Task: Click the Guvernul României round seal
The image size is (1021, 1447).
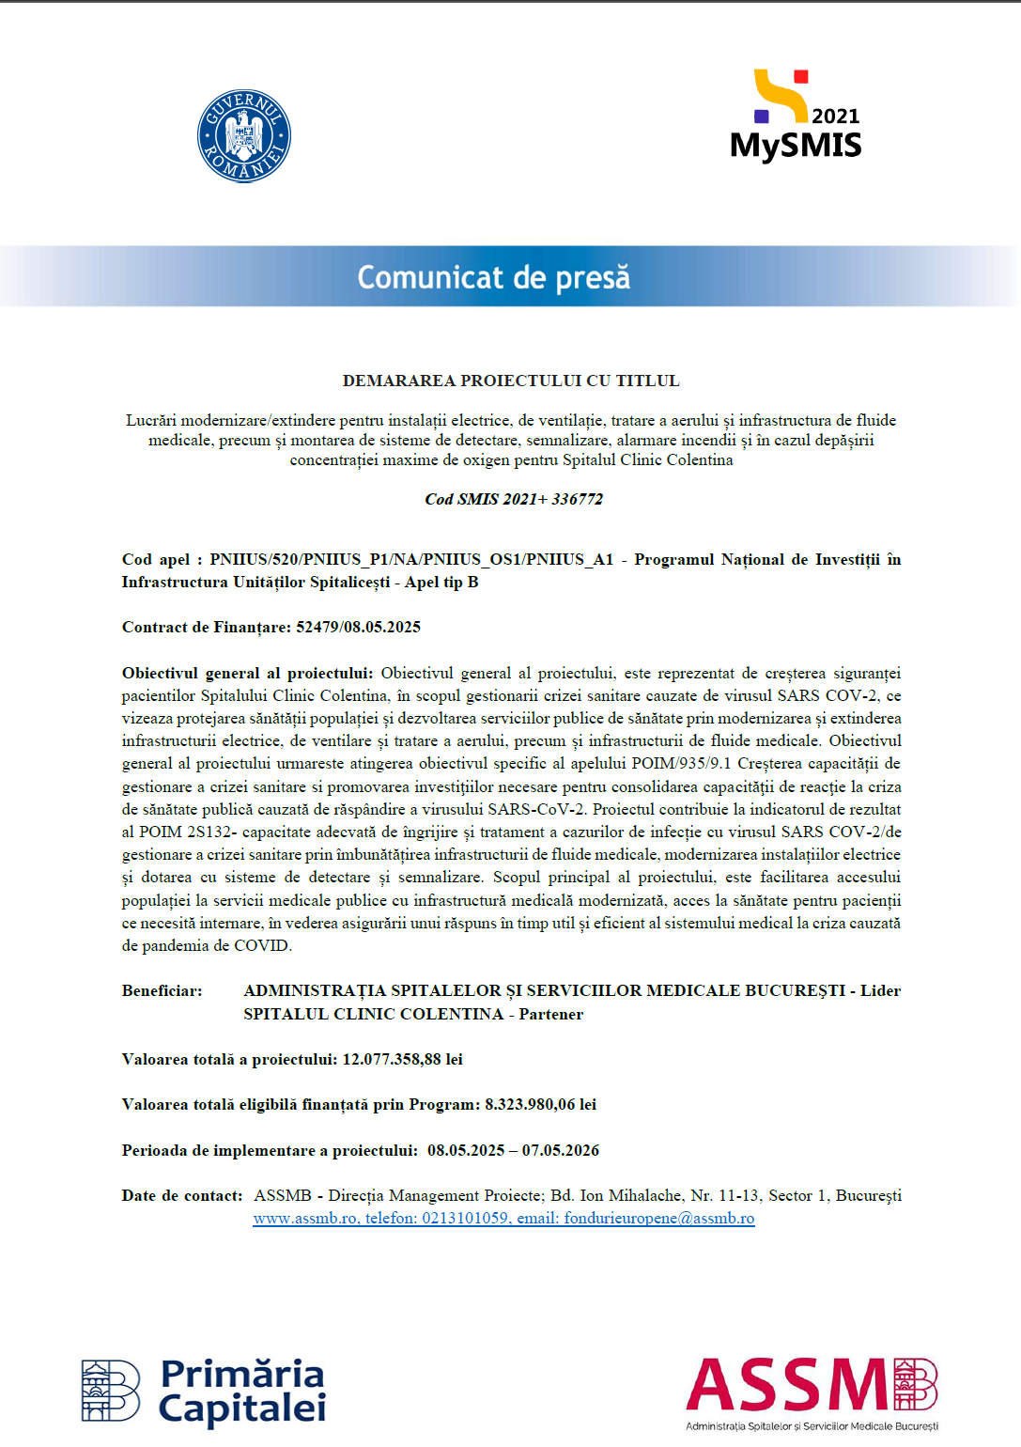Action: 244,136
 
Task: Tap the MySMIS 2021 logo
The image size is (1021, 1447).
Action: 796,117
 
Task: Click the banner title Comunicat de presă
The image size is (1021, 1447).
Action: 493,277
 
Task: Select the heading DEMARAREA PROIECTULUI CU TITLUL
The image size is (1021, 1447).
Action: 511,381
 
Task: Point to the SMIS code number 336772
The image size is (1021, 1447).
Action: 577,499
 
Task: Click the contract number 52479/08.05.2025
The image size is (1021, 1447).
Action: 358,627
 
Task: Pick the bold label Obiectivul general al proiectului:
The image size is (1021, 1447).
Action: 247,673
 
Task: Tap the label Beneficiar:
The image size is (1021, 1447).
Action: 162,990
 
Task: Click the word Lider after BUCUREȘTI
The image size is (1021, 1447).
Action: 880,990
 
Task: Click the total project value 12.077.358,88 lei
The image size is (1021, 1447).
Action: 402,1059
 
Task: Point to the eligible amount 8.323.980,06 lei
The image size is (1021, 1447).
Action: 540,1104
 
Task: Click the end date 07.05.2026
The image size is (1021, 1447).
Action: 561,1150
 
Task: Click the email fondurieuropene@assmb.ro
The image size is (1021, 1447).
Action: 658,1219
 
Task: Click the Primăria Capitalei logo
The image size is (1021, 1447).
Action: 204,1391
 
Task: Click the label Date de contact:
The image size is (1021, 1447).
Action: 182,1195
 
